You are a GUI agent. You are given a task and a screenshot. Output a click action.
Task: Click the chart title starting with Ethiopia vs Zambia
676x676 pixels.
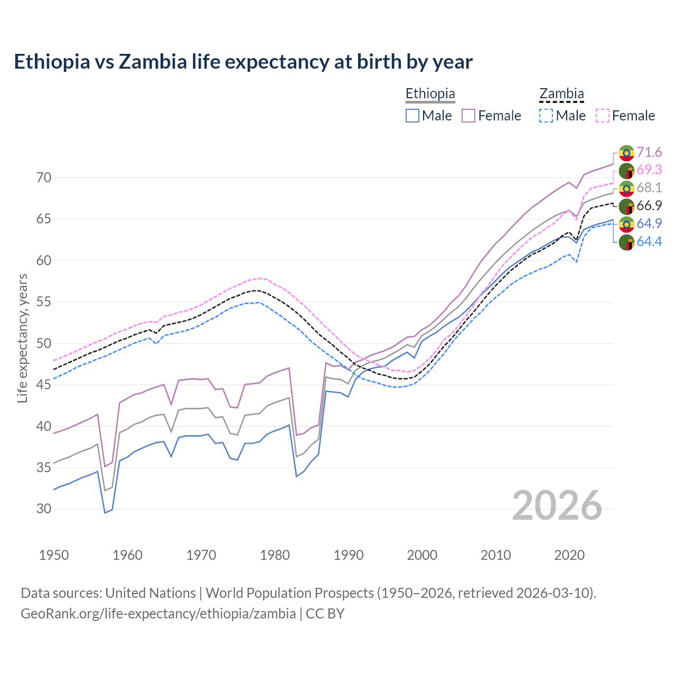point(243,62)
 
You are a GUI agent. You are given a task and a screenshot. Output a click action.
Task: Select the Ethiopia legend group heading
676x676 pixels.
point(430,93)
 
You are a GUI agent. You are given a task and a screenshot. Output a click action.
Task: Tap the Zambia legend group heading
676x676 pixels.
point(561,93)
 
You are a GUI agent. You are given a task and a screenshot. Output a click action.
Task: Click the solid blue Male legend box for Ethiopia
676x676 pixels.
point(412,116)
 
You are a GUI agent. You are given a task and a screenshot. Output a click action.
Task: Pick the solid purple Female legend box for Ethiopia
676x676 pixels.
point(468,116)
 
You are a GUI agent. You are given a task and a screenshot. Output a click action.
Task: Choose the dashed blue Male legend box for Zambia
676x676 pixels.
point(546,116)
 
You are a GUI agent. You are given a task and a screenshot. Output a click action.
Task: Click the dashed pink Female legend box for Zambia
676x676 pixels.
point(603,116)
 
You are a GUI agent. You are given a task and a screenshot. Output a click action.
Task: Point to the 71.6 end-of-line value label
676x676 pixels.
point(649,152)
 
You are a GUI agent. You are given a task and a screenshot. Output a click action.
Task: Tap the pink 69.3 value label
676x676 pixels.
point(649,170)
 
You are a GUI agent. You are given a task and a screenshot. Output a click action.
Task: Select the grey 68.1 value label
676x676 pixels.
point(649,187)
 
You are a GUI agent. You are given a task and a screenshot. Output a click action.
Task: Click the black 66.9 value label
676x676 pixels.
point(649,205)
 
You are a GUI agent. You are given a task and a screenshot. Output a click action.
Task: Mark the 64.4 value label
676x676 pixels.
point(649,241)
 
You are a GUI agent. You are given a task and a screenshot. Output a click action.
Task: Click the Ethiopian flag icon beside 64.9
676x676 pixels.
point(626,224)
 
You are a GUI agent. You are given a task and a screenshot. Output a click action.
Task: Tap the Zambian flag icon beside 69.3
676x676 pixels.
point(626,170)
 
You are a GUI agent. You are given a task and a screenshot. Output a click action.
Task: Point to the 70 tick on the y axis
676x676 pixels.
point(44,177)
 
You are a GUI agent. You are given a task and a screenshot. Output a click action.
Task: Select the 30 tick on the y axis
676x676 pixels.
point(44,509)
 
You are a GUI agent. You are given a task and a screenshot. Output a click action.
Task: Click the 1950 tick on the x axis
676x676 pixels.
point(54,555)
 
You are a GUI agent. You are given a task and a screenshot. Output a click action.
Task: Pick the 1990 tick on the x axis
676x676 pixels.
point(349,555)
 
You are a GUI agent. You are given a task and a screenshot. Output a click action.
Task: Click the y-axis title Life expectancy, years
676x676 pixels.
point(22,338)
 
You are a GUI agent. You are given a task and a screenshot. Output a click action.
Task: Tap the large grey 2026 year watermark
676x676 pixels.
point(557,505)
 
